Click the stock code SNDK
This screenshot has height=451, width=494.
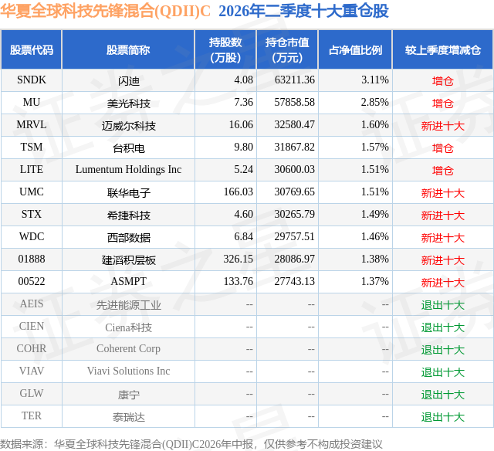click(x=32, y=80)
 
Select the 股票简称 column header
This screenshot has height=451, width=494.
click(x=128, y=50)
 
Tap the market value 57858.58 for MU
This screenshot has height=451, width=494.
click(x=294, y=103)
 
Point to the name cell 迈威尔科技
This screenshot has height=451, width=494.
click(x=129, y=126)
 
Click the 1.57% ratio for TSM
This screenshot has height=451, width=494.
click(x=374, y=148)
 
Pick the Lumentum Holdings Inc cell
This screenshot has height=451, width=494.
click(x=128, y=170)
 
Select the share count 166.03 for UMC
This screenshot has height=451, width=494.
click(x=239, y=192)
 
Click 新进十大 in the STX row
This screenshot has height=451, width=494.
click(x=442, y=215)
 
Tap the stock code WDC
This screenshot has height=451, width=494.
click(x=32, y=236)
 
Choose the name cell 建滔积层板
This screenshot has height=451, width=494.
click(x=129, y=260)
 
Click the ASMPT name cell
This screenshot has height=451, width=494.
click(x=129, y=281)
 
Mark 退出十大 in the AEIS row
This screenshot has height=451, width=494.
click(x=442, y=305)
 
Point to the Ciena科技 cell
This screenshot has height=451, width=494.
click(x=129, y=327)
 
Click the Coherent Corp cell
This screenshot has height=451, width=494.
click(x=129, y=348)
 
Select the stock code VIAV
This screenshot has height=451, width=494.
click(x=32, y=371)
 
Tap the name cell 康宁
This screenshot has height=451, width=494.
click(x=129, y=395)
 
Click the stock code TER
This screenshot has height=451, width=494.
click(x=32, y=415)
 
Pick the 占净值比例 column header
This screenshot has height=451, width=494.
click(x=355, y=50)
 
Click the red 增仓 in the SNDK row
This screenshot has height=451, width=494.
click(x=442, y=81)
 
